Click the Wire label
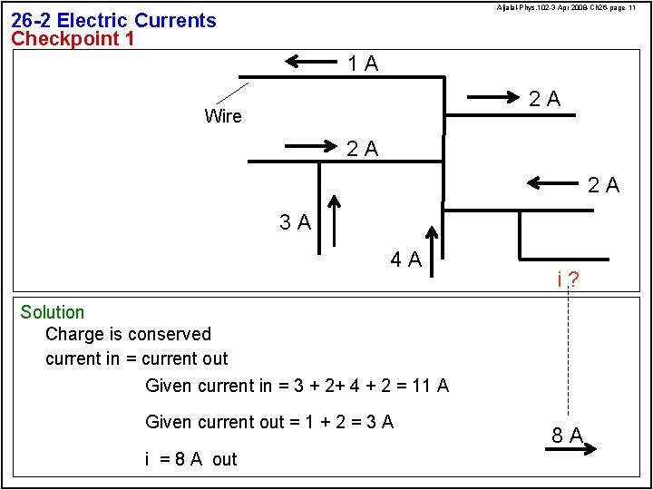[223, 116]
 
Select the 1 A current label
[363, 64]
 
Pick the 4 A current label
[405, 260]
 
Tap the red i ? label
[568, 279]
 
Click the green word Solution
[53, 313]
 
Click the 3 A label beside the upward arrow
[296, 222]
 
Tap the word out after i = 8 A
[225, 459]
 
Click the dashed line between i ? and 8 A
[568, 354]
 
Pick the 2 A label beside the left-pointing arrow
[603, 186]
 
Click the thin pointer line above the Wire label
[233, 93]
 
